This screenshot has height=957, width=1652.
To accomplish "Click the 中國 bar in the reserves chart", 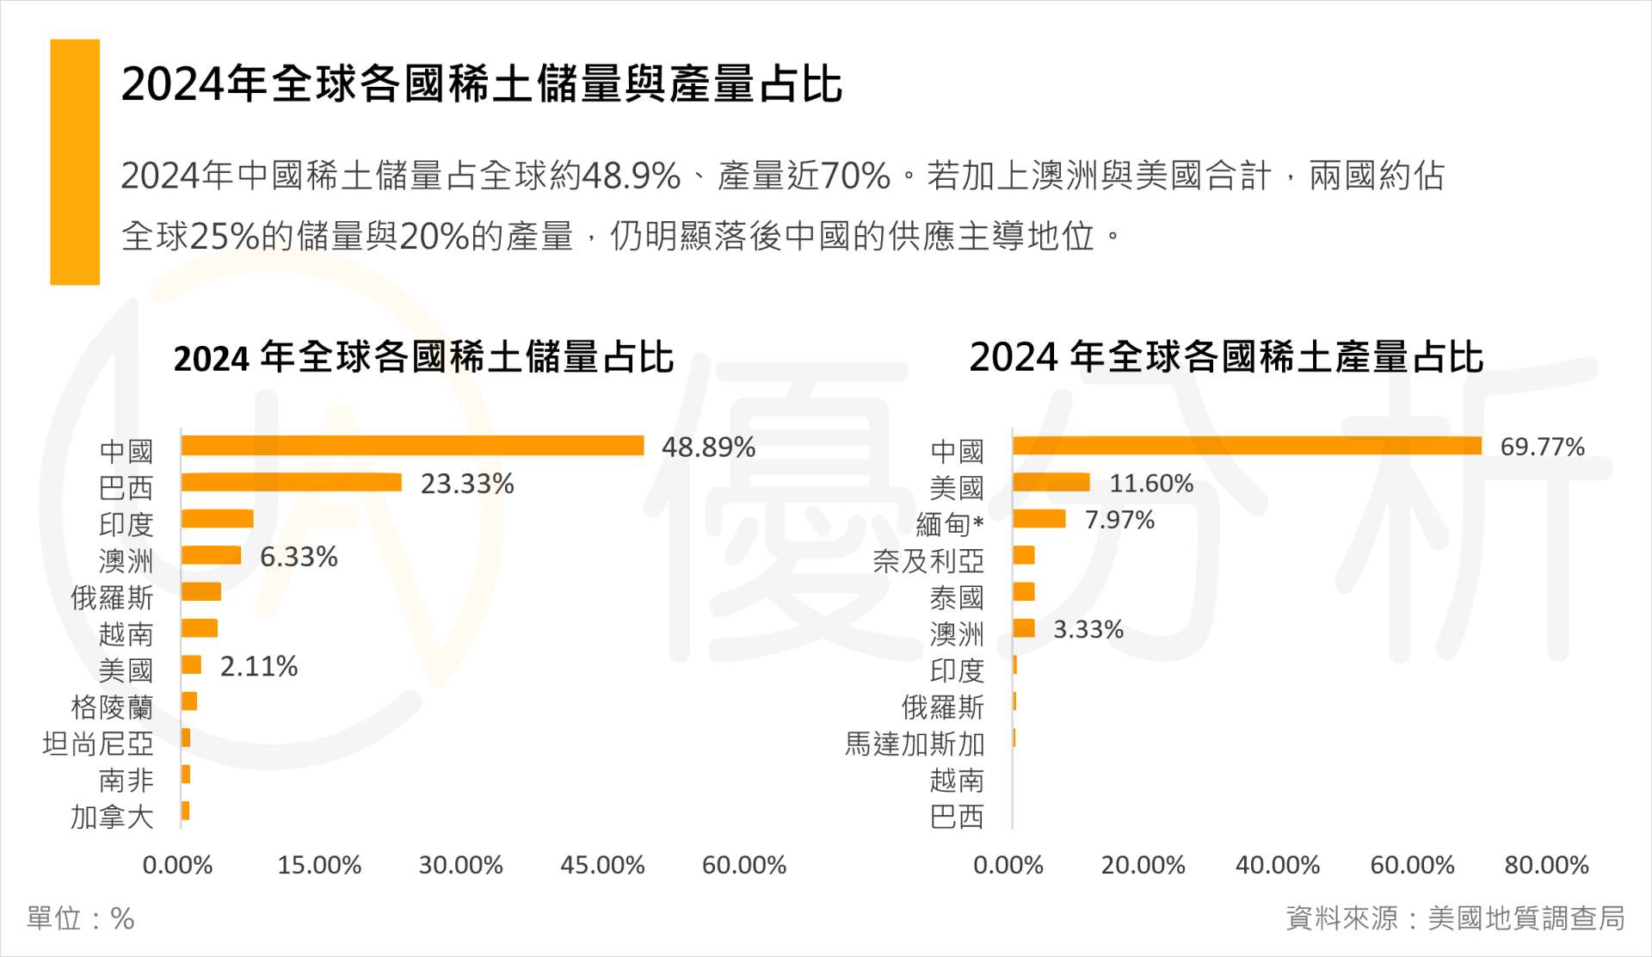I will point(412,446).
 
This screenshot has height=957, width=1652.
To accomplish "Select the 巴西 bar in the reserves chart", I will point(291,483).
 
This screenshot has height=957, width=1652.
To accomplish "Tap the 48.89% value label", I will point(708,448).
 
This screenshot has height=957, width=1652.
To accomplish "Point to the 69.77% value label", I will point(1542,448).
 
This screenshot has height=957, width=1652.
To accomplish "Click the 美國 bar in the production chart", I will point(1051,483).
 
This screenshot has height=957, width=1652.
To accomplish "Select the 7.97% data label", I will point(1119,520).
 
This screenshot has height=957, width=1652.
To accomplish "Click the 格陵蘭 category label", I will point(112,707).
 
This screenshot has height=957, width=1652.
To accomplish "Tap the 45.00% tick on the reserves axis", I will point(602,865).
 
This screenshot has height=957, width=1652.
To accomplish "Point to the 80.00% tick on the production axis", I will point(1546,865).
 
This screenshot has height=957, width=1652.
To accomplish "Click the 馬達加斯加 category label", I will point(914,744).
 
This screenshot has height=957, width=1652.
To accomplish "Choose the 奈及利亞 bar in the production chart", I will point(1024,556).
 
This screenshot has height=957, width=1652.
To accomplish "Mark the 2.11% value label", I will point(259,666).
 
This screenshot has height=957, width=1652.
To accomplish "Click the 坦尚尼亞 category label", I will point(98,744).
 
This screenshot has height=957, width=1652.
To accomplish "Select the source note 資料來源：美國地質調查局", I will point(1455,918).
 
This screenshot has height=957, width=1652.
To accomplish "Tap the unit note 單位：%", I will point(81,918).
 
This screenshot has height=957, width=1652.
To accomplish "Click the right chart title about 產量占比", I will point(1226,357).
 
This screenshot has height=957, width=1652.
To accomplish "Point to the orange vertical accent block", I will point(75,162).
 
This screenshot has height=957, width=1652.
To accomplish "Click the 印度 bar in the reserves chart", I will point(217,519).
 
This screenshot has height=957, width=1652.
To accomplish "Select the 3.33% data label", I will point(1088,629).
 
